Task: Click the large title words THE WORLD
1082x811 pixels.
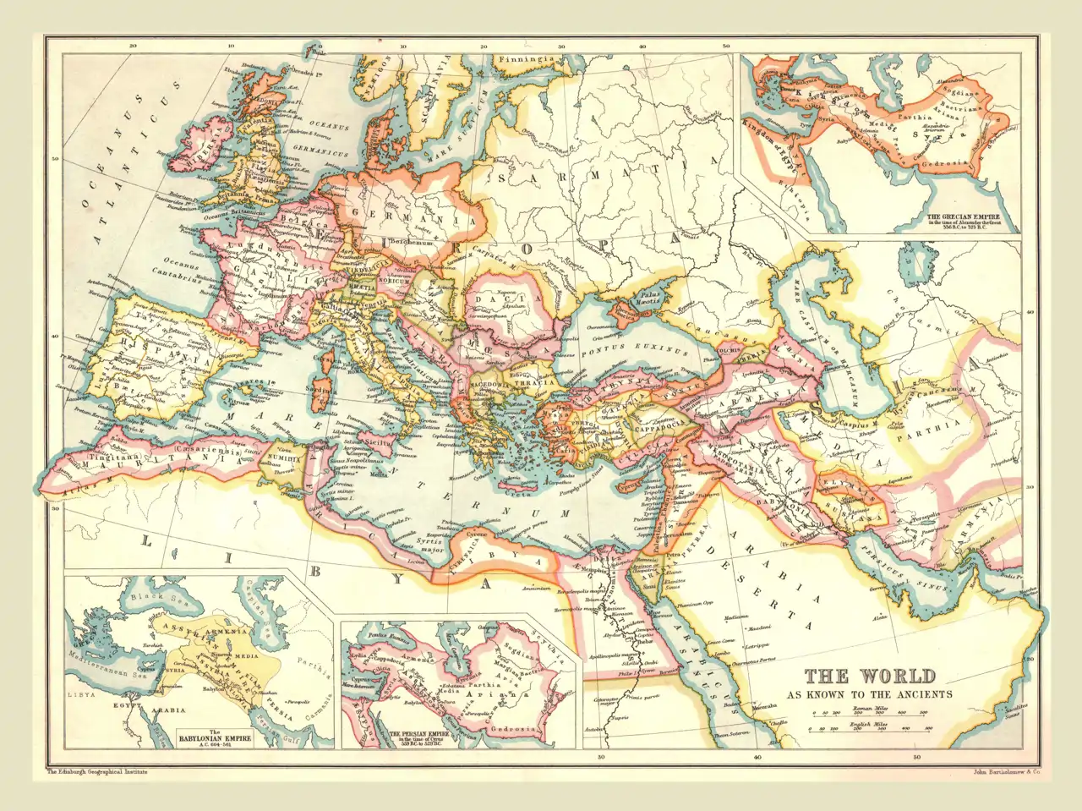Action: (x=870, y=677)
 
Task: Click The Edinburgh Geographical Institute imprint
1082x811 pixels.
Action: (x=97, y=772)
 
